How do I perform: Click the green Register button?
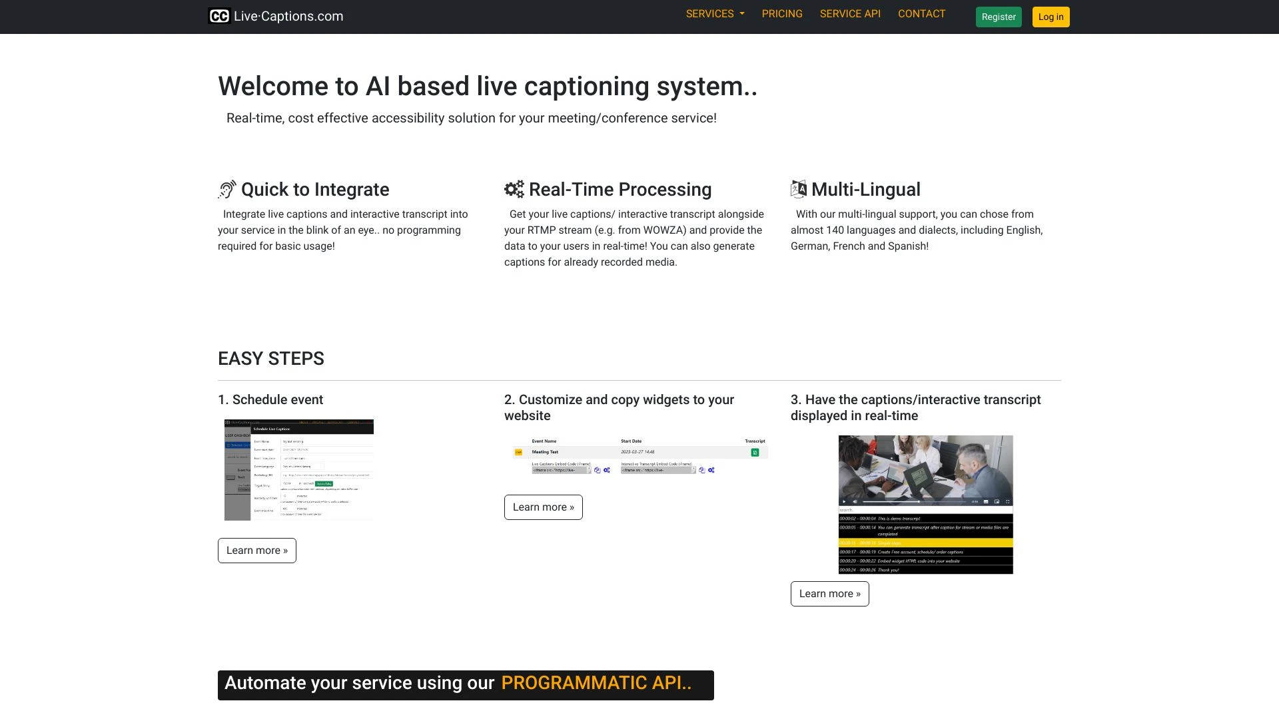[x=998, y=17]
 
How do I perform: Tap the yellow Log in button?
[x=1051, y=17]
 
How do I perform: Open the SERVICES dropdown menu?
[x=715, y=14]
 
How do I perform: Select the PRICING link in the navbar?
[x=782, y=14]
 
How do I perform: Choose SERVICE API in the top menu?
[x=850, y=14]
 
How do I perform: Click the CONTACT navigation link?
[x=921, y=14]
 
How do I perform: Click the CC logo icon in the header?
[x=219, y=16]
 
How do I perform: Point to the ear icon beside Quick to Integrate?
[x=227, y=190]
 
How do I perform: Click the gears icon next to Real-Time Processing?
[x=514, y=190]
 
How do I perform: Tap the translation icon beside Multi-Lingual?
[x=798, y=190]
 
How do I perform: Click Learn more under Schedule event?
[x=257, y=551]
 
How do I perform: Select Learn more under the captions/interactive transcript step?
[x=829, y=594]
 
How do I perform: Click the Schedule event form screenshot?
[x=299, y=470]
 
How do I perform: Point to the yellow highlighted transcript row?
[x=925, y=543]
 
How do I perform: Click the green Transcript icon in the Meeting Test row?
[x=755, y=453]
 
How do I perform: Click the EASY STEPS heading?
[x=271, y=359]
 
